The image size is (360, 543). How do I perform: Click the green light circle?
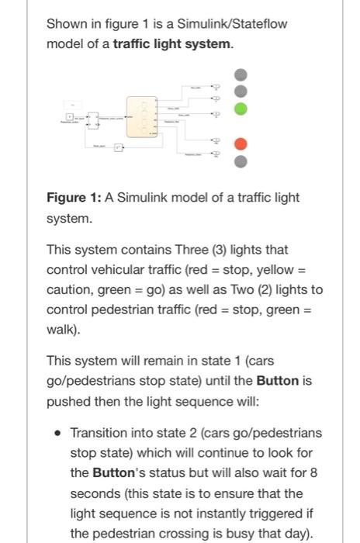click(x=241, y=109)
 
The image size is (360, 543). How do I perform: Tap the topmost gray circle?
click(x=241, y=74)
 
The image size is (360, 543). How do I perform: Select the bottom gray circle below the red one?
click(x=241, y=161)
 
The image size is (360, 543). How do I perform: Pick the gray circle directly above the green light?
click(x=241, y=92)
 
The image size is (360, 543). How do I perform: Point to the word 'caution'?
click(x=68, y=290)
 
